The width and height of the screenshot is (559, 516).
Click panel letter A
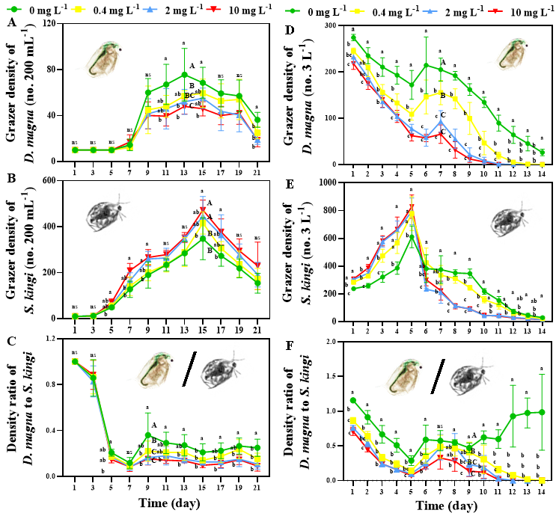coord(10,24)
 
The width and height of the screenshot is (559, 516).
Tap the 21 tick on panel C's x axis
coord(257,487)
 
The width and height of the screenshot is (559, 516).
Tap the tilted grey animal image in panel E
coord(507,218)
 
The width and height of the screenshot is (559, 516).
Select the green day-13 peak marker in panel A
coord(184,75)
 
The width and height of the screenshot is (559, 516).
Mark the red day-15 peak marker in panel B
coord(202,209)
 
